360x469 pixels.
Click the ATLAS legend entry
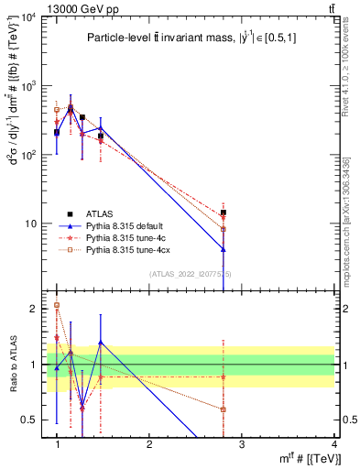click(99, 236)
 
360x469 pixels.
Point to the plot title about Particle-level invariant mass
click(184, 38)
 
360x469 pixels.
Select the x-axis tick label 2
click(149, 445)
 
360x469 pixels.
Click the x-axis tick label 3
click(242, 445)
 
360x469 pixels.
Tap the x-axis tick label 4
click(333, 445)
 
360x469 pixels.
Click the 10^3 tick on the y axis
click(32, 86)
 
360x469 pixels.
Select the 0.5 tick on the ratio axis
click(33, 420)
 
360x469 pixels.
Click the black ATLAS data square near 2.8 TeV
click(224, 213)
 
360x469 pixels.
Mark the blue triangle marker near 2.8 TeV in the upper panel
click(224, 248)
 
